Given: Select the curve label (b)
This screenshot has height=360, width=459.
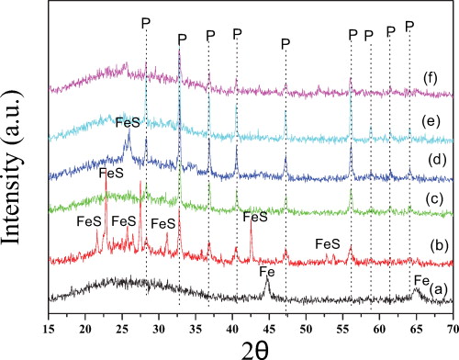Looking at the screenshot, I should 439,245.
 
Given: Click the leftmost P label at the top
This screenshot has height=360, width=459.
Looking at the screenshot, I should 146,21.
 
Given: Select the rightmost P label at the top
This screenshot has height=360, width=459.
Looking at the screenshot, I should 409,25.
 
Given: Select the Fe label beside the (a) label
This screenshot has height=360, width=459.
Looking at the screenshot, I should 421,280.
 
